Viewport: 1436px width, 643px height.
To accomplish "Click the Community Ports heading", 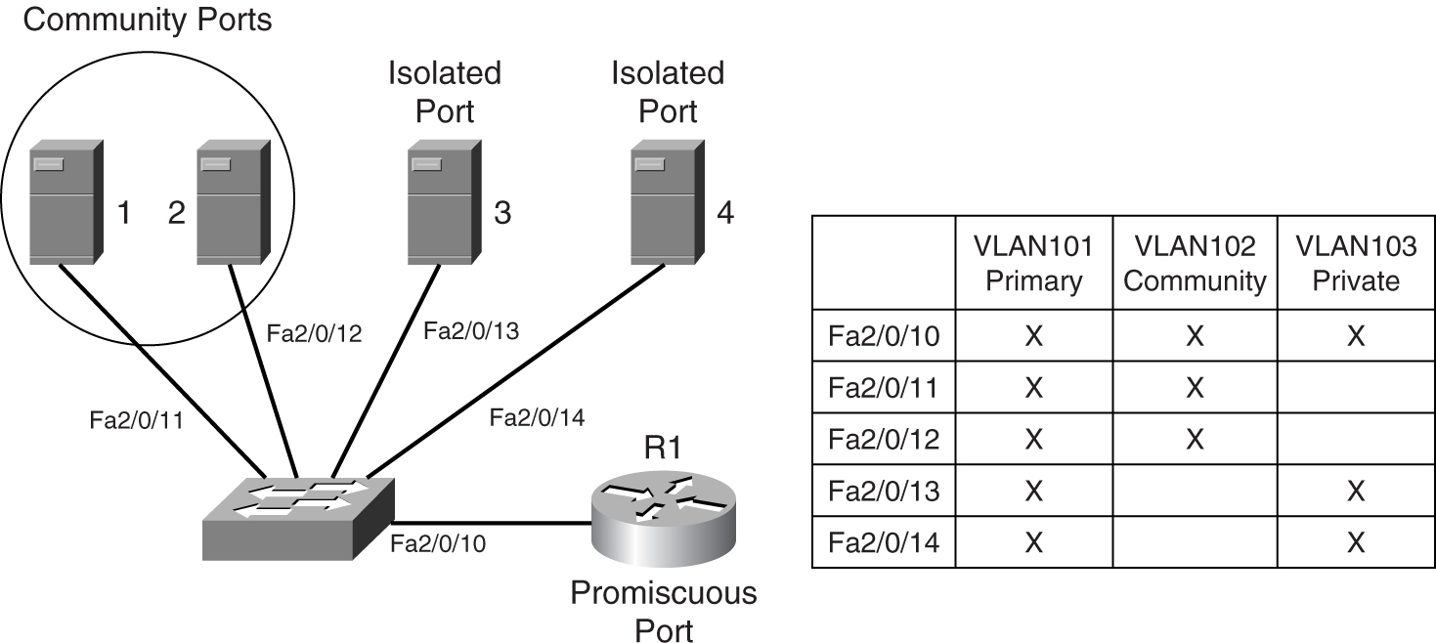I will [x=147, y=19].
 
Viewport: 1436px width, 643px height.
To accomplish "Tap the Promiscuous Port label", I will [x=664, y=611].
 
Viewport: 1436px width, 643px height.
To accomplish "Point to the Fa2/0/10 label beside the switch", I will [x=437, y=543].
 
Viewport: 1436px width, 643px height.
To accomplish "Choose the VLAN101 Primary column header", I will [x=1033, y=264].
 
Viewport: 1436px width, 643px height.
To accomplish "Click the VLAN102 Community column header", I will [x=1194, y=264].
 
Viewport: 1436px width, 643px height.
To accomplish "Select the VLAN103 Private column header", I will [x=1355, y=264].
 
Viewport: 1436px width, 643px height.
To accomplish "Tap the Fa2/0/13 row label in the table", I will [x=883, y=491].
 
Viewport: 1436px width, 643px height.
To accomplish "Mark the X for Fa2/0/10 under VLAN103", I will [x=1355, y=337].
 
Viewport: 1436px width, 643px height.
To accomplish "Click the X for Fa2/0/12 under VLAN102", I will [x=1194, y=440].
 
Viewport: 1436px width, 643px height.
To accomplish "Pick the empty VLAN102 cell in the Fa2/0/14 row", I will [x=1194, y=542].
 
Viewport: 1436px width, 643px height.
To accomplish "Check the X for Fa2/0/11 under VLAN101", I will [x=1033, y=388].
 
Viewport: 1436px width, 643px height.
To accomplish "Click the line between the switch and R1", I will [x=494, y=524].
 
